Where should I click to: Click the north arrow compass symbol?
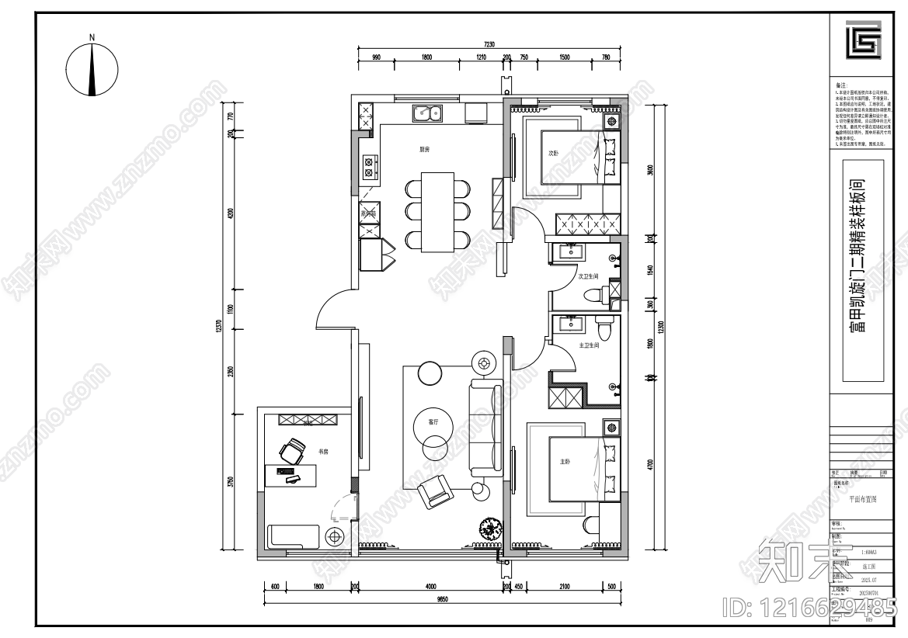point(92,68)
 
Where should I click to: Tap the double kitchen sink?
point(426,113)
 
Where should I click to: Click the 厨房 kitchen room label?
point(424,149)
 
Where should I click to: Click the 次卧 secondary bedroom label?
point(554,154)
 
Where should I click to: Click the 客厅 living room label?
point(433,422)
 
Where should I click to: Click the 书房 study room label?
point(322,451)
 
